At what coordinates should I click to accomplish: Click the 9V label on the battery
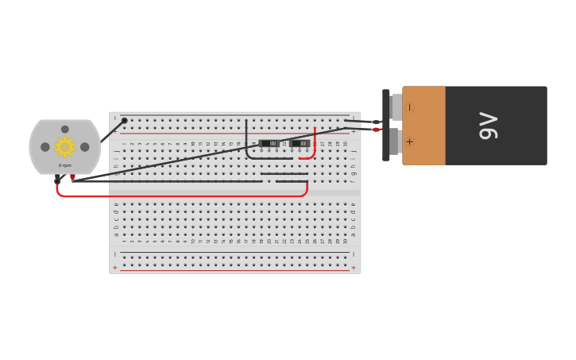click(488, 126)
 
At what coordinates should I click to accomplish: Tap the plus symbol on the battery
click(410, 142)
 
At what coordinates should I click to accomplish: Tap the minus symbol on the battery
click(410, 107)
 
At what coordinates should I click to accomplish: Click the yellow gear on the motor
click(64, 146)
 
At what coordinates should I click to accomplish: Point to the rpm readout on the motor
click(64, 165)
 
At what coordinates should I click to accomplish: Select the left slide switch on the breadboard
click(269, 144)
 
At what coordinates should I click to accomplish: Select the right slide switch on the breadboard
click(300, 144)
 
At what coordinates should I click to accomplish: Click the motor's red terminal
click(73, 177)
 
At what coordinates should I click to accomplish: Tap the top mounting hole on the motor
click(65, 129)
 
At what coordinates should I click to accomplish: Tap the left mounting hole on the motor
click(45, 147)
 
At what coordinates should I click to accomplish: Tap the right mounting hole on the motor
click(85, 147)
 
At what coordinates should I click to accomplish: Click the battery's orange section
click(423, 126)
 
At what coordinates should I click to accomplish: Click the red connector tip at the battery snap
click(376, 130)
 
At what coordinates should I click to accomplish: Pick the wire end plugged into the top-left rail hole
click(124, 121)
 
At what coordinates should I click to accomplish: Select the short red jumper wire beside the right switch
click(313, 147)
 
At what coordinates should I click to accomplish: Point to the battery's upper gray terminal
click(396, 107)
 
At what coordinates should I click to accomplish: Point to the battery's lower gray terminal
click(394, 142)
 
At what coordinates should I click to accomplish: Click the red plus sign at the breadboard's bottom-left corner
click(115, 268)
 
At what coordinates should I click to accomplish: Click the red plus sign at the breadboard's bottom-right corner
click(354, 268)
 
